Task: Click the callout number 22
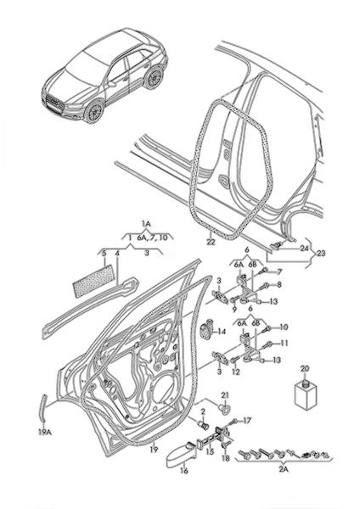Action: coord(211,242)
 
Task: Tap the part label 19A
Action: coord(45,432)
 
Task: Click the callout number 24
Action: coord(305,249)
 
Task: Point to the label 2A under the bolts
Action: coord(284,469)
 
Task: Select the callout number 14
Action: coord(222,332)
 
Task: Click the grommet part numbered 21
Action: coord(224,407)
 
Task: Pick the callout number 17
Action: coord(247,421)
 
